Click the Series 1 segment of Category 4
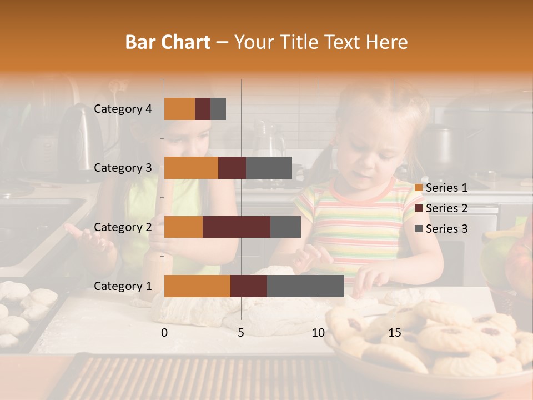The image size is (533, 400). [x=179, y=109]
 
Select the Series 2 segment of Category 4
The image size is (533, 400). [x=203, y=109]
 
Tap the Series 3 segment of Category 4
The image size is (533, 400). [x=218, y=109]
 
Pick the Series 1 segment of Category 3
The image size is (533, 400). [x=191, y=168]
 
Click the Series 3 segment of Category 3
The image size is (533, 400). [x=269, y=168]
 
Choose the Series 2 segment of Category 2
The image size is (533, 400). [x=237, y=227]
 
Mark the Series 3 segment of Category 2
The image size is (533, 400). [x=285, y=227]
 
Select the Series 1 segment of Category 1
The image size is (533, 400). [x=197, y=286]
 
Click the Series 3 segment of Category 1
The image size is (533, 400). [x=305, y=286]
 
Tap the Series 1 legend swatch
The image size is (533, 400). [x=419, y=188]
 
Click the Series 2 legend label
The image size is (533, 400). [x=446, y=208]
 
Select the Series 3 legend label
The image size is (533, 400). [x=446, y=229]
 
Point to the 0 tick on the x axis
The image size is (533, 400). [x=164, y=333]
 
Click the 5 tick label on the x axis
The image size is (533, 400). [x=241, y=333]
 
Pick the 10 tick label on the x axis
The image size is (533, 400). [x=318, y=333]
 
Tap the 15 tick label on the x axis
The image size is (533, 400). [x=394, y=333]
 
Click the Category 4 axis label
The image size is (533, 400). [x=123, y=109]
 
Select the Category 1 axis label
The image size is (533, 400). [x=123, y=286]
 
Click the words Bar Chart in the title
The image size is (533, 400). [x=168, y=42]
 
